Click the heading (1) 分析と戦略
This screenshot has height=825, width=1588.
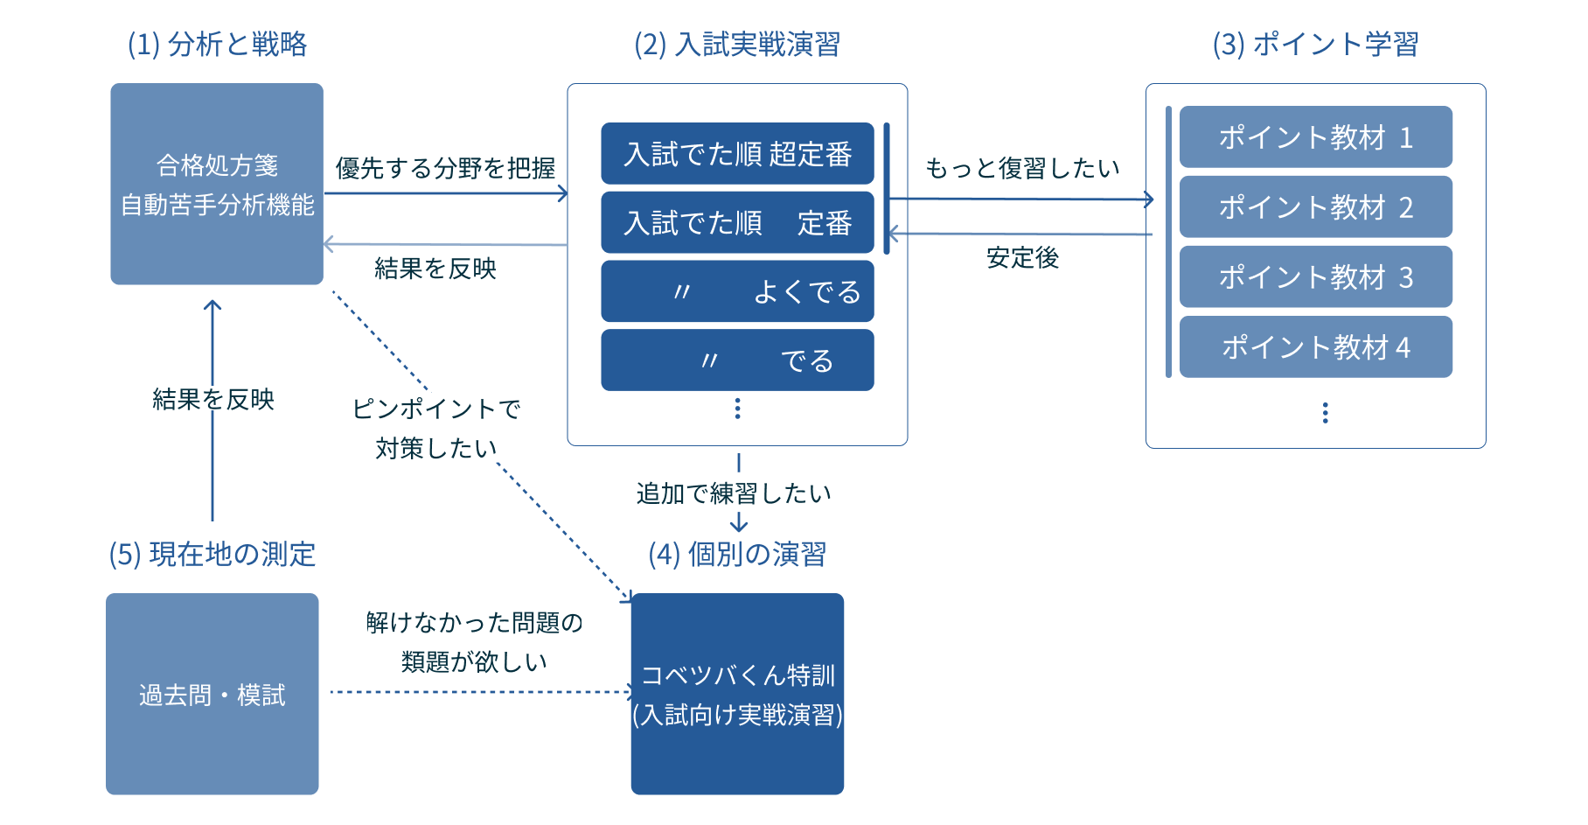coord(217,44)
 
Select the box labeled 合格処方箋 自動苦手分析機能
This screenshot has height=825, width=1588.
coord(217,184)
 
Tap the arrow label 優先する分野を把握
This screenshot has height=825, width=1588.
coord(445,167)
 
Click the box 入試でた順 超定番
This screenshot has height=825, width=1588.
coord(737,154)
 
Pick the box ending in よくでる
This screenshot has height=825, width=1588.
coord(737,291)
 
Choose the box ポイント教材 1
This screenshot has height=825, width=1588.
coord(1315,137)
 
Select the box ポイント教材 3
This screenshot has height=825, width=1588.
coord(1315,276)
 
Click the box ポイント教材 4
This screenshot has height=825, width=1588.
coord(1315,346)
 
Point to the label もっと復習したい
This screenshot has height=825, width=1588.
coord(1021,167)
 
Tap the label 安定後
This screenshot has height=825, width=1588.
coord(1021,256)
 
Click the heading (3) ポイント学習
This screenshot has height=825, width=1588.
coord(1314,44)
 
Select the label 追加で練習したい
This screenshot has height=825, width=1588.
coord(734,493)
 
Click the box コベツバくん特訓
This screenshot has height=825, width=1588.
coord(737,694)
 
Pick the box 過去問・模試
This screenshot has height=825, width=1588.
coord(212,694)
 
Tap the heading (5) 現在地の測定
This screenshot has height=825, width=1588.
coord(212,554)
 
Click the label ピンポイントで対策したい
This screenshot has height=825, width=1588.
coord(435,427)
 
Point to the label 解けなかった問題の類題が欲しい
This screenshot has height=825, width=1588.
coord(474,641)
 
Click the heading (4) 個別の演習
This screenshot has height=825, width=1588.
coord(737,554)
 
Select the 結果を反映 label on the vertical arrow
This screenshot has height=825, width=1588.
coord(212,398)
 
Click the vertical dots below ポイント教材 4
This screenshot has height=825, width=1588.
coord(1325,413)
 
